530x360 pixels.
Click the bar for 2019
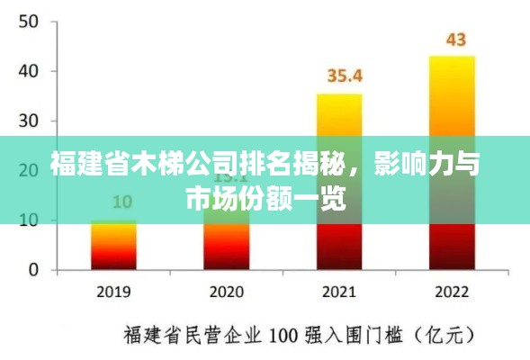pos(112,245)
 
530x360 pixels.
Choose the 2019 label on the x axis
pos(112,292)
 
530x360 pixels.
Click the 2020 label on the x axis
pos(226,292)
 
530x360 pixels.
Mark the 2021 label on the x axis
pos(339,292)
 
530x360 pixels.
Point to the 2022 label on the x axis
pos(452,292)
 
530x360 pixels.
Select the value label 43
pos(456,40)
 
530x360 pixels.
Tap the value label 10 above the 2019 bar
pos(121,201)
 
